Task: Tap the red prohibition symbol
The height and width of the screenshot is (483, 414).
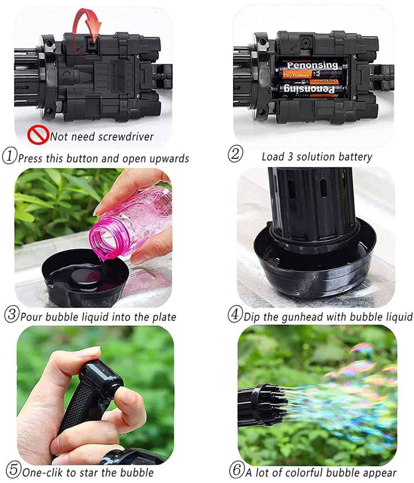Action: pos(38,135)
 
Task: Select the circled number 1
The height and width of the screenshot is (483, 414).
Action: pos(9,156)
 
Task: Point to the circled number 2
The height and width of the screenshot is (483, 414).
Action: pos(235,154)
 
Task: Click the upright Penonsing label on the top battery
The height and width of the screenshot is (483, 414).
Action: pos(312,65)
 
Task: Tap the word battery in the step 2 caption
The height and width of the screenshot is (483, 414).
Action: pos(355,157)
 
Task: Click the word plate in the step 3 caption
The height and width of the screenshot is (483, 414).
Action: pos(164,317)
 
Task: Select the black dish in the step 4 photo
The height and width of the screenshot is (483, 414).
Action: pos(315,262)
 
